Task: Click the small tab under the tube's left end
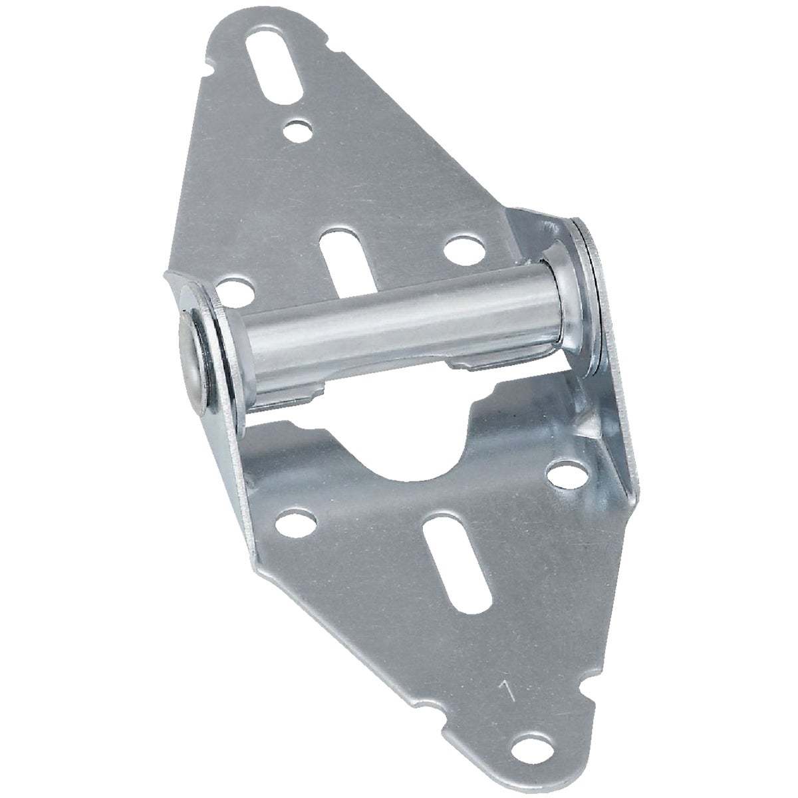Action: click(x=293, y=396)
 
